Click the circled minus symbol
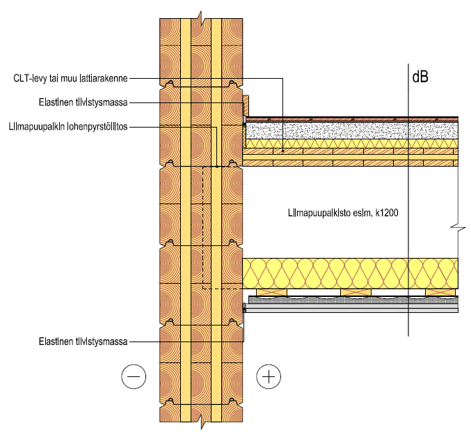click(134, 377)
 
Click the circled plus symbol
click(268, 377)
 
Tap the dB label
click(420, 77)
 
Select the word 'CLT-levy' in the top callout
click(31, 79)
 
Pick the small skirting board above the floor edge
click(246, 105)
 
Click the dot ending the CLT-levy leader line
click(284, 151)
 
